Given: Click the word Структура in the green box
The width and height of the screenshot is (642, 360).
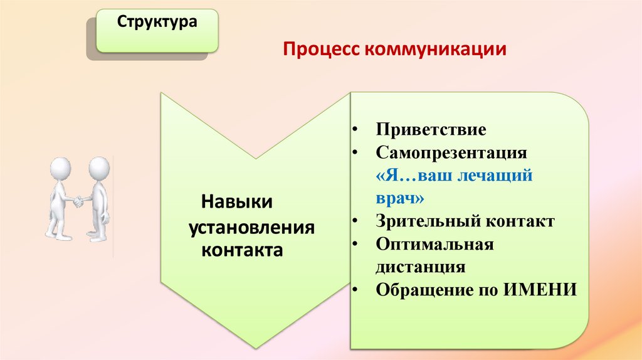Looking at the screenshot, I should tap(157, 23).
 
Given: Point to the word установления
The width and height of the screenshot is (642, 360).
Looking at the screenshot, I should tap(251, 226).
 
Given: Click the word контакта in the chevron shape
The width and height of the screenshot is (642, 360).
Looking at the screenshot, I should tap(242, 250).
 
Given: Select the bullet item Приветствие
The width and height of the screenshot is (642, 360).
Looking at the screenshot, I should tap(431, 130).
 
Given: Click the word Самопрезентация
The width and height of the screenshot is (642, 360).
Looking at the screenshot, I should tap(451, 153).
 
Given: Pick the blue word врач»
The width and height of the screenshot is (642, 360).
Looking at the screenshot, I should tap(401, 198).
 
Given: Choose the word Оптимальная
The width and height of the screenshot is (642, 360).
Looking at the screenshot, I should tap(435, 244).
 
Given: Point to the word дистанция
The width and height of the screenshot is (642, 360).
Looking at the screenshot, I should tap(421, 267).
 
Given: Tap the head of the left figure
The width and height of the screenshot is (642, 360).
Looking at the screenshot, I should tap(61, 168).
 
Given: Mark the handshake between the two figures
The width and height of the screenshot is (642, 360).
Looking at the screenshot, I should tap(79, 201).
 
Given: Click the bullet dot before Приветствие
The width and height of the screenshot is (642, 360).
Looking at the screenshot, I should tap(355, 130).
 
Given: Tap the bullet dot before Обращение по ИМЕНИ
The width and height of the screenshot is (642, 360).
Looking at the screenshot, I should tap(355, 290).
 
